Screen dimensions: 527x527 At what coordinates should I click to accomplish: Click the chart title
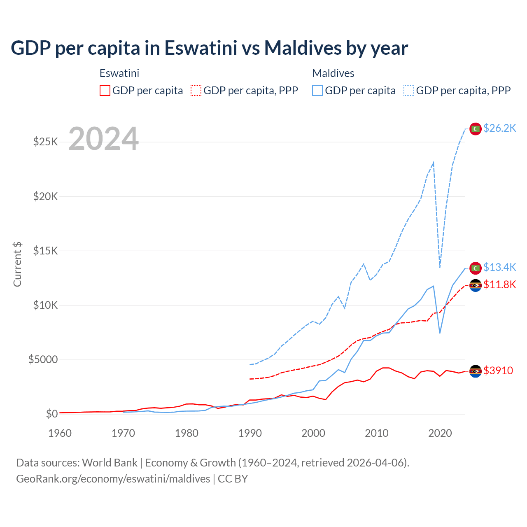(209, 48)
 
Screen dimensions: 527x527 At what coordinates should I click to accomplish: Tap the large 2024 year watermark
(103, 139)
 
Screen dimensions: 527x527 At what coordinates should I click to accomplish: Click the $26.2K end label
(499, 128)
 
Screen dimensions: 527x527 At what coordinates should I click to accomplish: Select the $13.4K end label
(499, 267)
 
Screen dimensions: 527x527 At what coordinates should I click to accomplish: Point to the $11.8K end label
(499, 284)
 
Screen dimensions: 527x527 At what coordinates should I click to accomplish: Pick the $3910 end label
(498, 371)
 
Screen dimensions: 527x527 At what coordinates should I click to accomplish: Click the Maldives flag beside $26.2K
(476, 129)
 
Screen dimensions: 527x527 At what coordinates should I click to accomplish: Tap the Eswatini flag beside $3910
(476, 371)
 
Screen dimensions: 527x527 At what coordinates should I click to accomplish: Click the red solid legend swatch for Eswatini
(105, 91)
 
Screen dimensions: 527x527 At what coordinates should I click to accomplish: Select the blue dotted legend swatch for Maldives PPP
(409, 91)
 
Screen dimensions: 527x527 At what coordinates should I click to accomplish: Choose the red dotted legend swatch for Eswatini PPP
(196, 91)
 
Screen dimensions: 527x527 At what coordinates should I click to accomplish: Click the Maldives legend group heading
(333, 73)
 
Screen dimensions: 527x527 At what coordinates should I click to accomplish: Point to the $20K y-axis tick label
(46, 196)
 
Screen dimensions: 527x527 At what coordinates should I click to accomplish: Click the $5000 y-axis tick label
(43, 359)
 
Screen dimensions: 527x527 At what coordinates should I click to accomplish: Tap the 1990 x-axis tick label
(250, 433)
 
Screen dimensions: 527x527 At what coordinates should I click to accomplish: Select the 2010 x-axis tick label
(377, 433)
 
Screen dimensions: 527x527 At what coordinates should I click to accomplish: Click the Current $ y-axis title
(17, 264)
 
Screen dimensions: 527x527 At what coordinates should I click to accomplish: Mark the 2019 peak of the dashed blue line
(434, 163)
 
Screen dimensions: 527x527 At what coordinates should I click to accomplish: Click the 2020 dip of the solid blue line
(440, 333)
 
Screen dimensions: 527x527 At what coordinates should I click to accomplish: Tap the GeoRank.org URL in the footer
(113, 479)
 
